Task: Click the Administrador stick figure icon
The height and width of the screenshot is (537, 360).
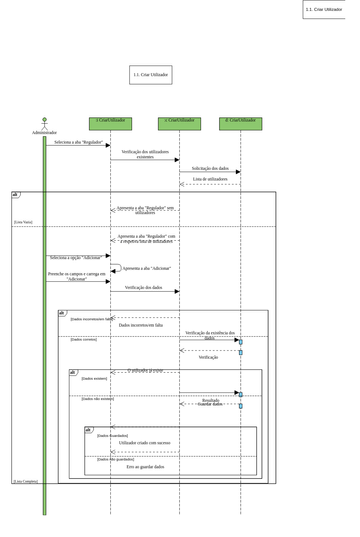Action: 44,123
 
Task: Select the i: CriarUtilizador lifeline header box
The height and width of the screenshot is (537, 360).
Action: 110,123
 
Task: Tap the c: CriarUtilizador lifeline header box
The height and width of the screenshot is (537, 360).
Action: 179,123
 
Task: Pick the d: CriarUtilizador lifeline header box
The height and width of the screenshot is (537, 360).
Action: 240,123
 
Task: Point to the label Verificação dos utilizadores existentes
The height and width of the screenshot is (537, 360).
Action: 145,154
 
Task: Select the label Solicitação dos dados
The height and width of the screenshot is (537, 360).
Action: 210,168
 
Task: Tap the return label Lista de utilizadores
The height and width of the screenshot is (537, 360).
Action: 210,179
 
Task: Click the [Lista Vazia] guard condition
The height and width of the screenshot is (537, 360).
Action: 23,222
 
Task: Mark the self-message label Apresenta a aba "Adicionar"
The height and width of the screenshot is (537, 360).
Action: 145,268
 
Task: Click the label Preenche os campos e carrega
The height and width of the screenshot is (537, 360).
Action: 76,276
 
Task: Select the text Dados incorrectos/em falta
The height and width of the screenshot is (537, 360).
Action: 140,325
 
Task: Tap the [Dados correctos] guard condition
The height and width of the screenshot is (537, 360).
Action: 84,340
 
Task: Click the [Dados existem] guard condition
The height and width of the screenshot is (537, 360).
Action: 94,379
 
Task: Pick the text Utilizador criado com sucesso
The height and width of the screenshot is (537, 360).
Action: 145,442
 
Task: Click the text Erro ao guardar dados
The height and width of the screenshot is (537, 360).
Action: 145,466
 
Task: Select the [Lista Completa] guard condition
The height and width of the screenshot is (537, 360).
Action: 25,481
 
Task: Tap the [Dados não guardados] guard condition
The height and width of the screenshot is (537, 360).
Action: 112,458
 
